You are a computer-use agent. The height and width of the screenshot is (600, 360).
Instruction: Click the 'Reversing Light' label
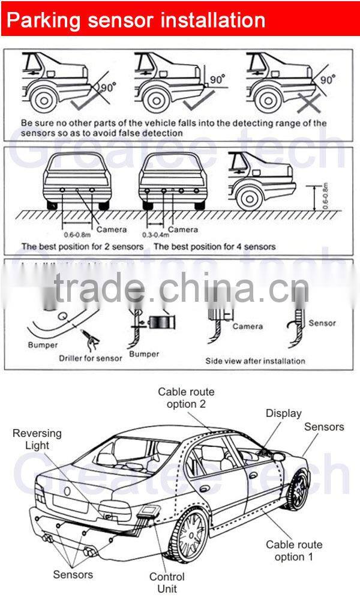point(37,439)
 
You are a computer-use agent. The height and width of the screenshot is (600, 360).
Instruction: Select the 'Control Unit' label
point(167,583)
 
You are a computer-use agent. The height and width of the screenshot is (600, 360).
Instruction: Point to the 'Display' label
point(284,413)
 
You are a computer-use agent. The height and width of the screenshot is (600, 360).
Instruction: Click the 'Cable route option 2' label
point(186,398)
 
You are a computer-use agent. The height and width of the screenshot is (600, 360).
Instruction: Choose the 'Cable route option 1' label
point(294,551)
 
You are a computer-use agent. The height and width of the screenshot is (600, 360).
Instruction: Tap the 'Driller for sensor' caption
point(91,358)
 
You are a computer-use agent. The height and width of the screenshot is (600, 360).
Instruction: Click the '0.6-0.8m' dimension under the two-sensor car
point(77,235)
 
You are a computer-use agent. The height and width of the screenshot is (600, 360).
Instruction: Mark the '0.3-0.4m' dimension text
point(154,235)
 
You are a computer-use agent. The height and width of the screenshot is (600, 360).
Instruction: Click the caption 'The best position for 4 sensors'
point(215,247)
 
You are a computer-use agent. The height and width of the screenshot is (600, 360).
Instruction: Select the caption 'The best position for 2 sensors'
point(82,247)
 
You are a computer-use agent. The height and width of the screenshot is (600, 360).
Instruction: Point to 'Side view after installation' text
point(256,361)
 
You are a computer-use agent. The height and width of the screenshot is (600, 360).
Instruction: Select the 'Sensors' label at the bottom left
point(73,574)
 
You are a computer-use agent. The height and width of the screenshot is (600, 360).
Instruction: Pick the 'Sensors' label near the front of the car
point(324,427)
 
